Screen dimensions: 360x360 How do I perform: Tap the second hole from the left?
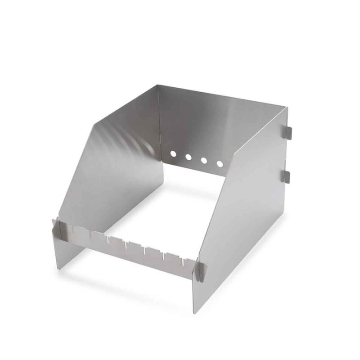coord(189,157)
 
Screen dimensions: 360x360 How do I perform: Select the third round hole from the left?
coord(204,160)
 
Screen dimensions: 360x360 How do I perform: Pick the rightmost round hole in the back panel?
coord(220,164)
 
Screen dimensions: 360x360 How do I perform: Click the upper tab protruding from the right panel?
coord(288,131)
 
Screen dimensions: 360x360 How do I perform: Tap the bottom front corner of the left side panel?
coord(59,268)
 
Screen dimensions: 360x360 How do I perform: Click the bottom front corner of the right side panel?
coord(194,311)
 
